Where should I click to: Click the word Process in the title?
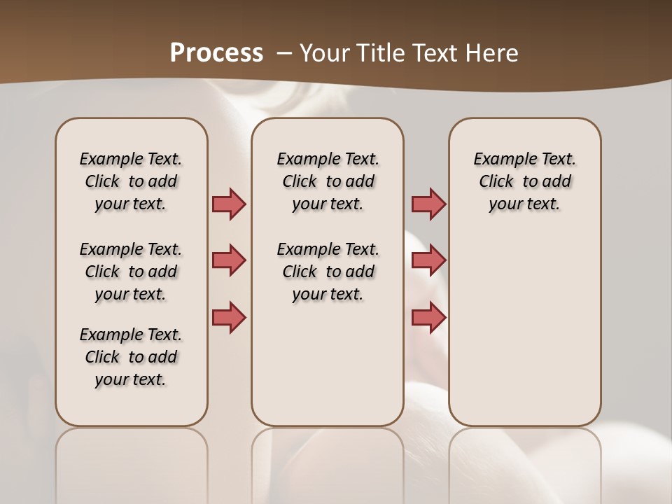[x=216, y=53]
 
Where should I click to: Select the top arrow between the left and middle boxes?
[x=230, y=204]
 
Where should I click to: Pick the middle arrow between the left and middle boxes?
[x=230, y=260]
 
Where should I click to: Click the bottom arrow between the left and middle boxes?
[x=230, y=317]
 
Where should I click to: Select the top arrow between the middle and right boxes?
[x=428, y=204]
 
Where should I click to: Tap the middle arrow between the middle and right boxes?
[x=428, y=260]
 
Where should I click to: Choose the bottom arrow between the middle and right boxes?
[x=428, y=317]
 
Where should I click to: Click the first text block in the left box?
[x=131, y=181]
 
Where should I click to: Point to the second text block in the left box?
[x=131, y=272]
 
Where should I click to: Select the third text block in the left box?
[x=131, y=357]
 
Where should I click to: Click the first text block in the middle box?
[x=328, y=181]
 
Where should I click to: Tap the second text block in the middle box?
[x=328, y=272]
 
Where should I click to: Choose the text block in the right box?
[x=525, y=181]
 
